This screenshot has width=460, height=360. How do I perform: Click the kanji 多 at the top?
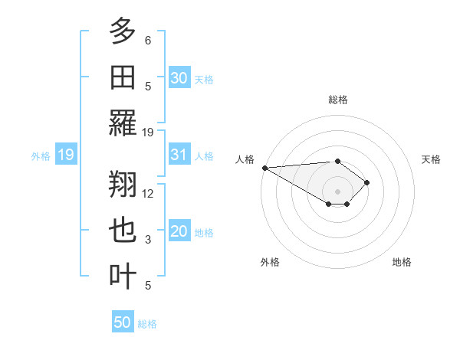coord(123,31)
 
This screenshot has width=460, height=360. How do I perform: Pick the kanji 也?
coord(123,231)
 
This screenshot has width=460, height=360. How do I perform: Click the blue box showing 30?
coord(179,77)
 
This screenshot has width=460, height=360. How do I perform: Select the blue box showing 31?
coord(179,155)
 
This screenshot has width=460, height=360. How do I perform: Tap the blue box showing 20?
coord(179,232)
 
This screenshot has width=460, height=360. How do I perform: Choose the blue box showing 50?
coord(123,322)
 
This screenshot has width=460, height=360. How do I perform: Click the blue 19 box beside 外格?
coord(65,155)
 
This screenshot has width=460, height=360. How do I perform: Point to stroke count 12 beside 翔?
coord(148,193)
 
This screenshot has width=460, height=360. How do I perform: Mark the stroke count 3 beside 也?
coord(148,240)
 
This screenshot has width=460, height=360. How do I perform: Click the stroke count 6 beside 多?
coord(148,40)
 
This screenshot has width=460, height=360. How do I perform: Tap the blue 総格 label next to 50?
coord(147,324)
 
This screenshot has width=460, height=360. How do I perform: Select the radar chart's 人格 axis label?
coord(245,159)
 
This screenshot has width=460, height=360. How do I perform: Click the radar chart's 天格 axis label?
coord(431,159)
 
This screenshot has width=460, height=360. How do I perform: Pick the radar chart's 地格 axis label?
coord(402,262)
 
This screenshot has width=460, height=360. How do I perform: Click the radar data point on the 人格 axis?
coord(264,168)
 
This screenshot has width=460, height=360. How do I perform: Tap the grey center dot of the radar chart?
coord(337,191)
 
